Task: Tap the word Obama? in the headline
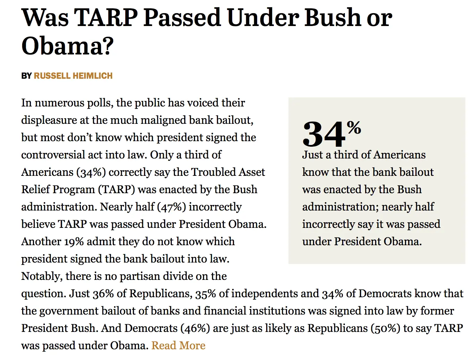point(68,46)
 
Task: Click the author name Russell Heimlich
point(73,76)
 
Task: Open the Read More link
point(178,345)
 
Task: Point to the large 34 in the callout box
point(323,135)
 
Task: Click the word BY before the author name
point(26,76)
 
